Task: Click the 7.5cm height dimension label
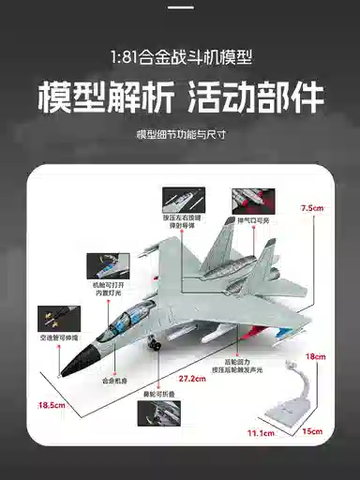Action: (x=313, y=208)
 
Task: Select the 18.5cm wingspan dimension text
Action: (x=51, y=405)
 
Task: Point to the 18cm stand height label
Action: (x=317, y=357)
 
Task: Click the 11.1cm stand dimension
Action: (x=260, y=434)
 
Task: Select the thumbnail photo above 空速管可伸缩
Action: (x=57, y=314)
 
